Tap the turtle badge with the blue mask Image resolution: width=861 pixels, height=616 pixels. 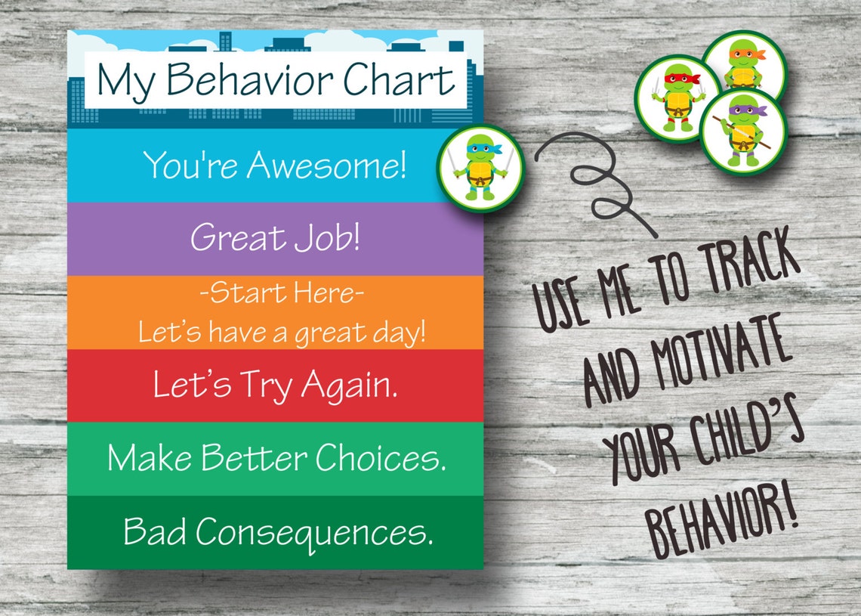point(480,168)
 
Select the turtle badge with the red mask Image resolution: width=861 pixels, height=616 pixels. point(677,99)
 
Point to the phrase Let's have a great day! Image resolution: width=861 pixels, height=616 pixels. point(282,333)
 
